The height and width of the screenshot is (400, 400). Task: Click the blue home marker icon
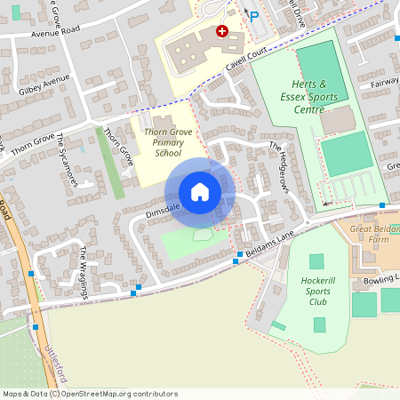click(200, 192)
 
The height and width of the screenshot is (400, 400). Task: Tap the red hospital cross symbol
click(221, 31)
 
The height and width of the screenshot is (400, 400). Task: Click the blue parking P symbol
click(253, 16)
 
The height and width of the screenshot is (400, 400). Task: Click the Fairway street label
click(384, 83)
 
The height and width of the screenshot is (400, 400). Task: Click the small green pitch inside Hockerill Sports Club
click(317, 261)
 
